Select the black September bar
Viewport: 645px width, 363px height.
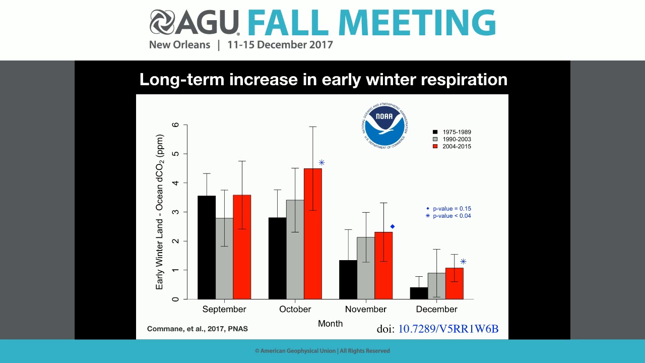click(207, 247)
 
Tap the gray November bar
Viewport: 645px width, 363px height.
click(366, 268)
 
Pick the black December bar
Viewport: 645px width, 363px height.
click(419, 293)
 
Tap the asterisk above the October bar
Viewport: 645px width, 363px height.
click(321, 162)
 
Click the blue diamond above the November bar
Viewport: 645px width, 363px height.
click(393, 226)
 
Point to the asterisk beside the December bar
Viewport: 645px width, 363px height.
click(463, 261)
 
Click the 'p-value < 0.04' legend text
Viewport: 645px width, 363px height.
click(451, 216)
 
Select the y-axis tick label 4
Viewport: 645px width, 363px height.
click(175, 183)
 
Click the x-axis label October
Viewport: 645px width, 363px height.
click(295, 309)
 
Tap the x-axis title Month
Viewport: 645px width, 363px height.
click(330, 324)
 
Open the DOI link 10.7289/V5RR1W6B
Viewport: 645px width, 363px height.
click(448, 329)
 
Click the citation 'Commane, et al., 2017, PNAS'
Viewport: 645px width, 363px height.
click(197, 329)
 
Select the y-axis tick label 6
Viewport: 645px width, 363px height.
click(175, 125)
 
